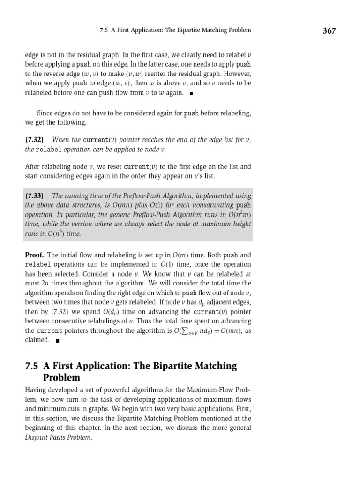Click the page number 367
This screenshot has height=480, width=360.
329,31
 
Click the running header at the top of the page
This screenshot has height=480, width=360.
175,30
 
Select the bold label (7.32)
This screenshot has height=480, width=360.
35,140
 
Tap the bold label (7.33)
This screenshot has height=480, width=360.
35,196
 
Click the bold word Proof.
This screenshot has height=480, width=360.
34,255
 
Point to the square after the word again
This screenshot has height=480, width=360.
191,93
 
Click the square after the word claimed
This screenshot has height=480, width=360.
57,341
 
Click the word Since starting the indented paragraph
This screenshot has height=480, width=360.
45,113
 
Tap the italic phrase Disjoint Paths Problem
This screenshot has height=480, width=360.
59,437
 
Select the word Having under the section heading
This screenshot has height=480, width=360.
36,390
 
